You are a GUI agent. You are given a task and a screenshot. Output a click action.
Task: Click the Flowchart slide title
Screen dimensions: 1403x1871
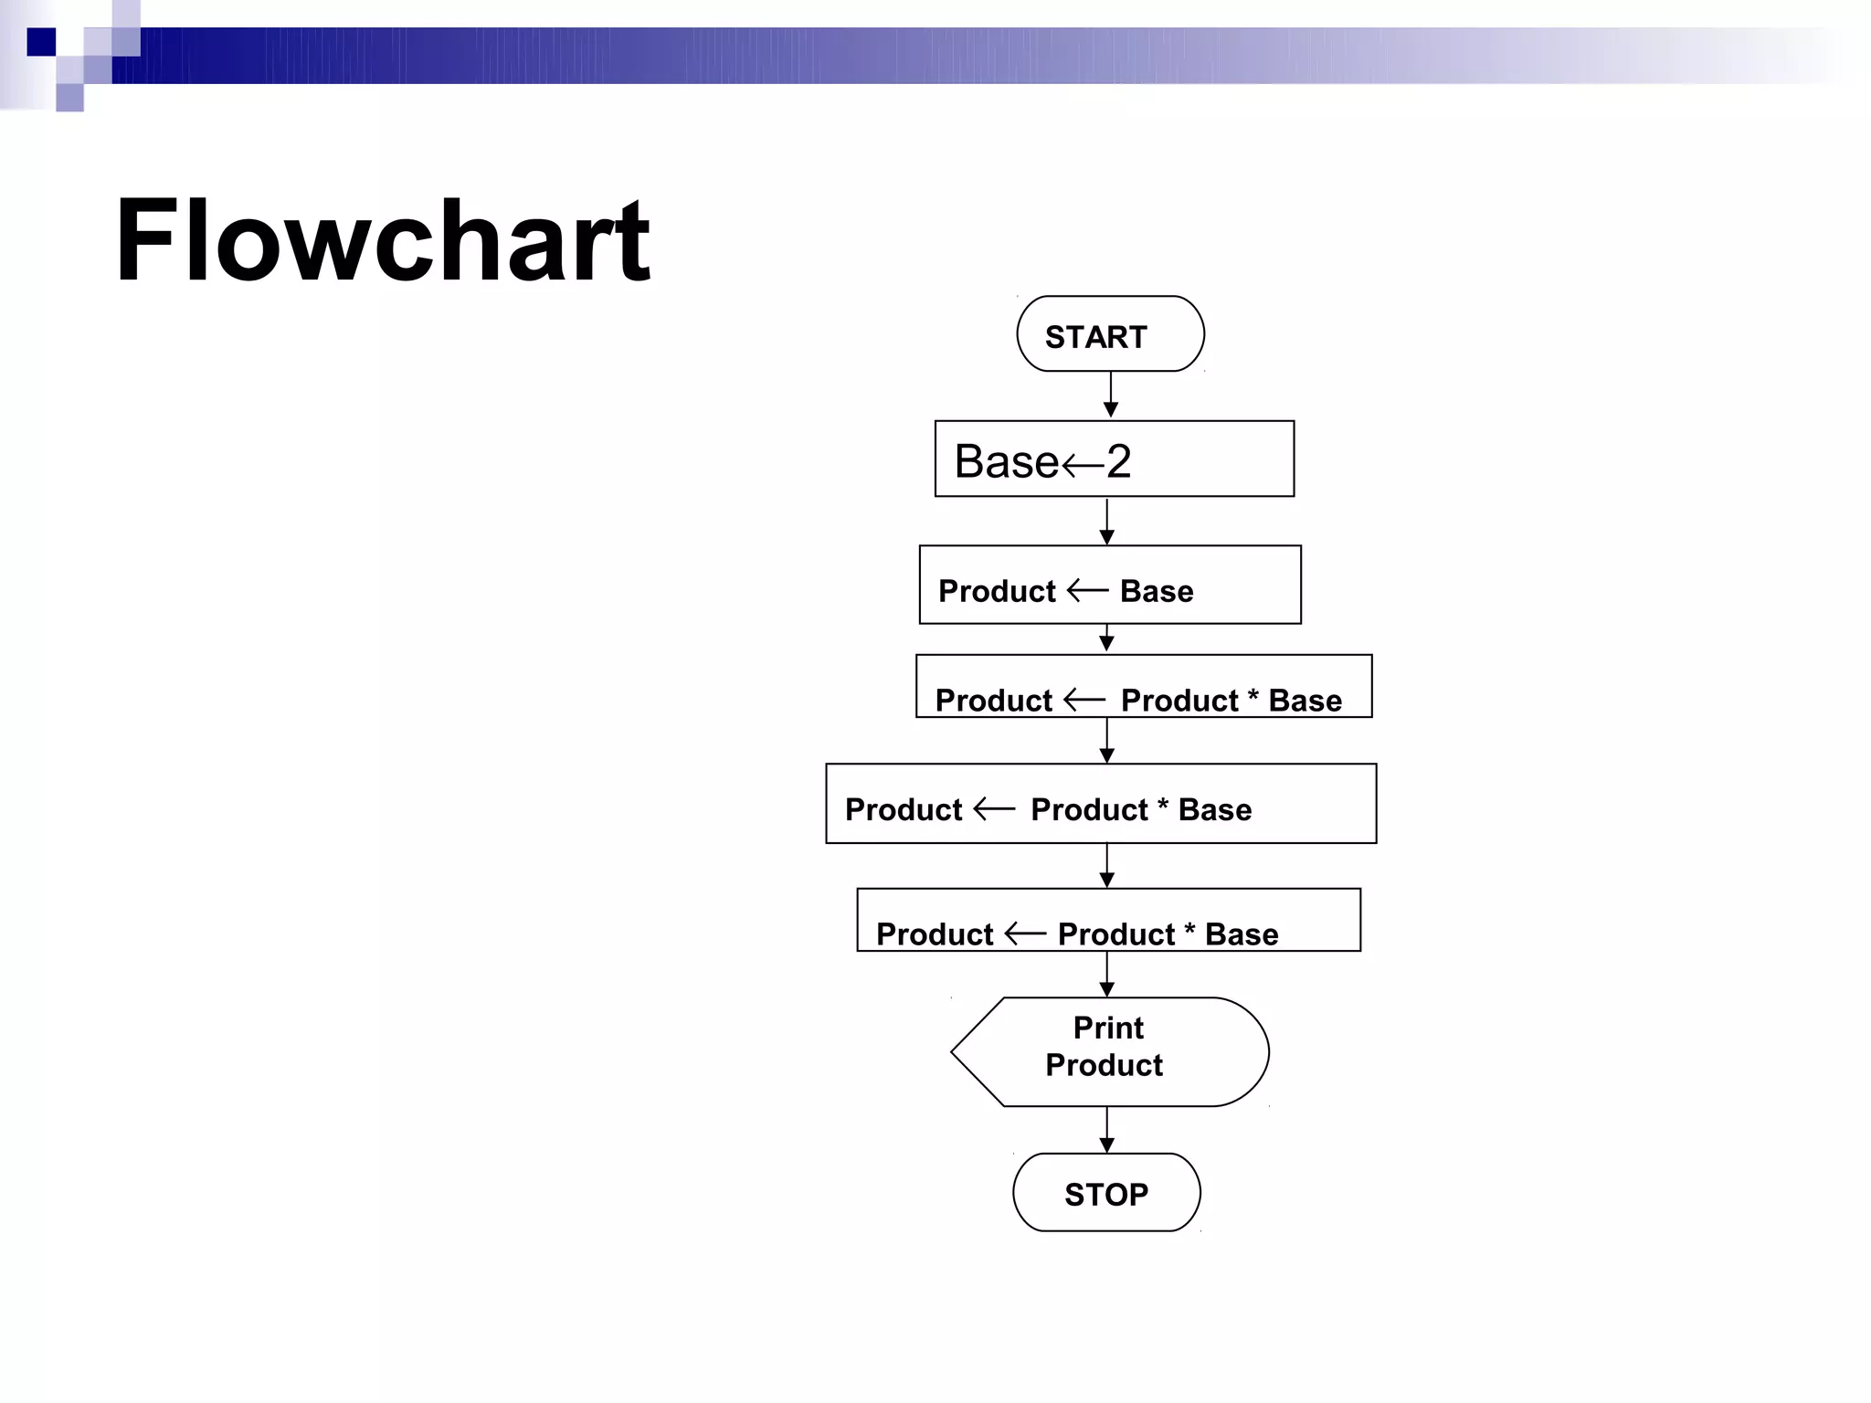382,241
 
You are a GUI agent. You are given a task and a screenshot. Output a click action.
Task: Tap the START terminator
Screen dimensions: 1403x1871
1110,334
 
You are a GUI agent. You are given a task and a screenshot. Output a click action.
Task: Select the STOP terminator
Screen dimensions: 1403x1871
1106,1193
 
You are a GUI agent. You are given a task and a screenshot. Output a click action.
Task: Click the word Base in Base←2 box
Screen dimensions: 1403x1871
1006,461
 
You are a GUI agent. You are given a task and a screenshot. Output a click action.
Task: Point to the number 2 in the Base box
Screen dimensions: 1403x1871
1119,461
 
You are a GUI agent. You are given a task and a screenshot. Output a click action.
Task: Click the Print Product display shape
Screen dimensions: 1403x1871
1110,1051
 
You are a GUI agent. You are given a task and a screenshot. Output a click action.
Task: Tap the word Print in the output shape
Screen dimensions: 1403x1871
1108,1028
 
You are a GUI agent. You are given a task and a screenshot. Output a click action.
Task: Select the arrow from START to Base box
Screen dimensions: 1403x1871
1111,396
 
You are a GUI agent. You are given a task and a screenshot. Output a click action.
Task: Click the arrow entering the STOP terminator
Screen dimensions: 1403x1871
1106,1131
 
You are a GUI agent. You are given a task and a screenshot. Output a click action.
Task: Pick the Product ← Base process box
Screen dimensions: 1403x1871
1110,585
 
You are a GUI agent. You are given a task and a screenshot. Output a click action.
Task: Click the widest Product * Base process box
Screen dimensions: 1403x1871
1101,804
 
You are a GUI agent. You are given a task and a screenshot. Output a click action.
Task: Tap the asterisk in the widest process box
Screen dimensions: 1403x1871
1163,805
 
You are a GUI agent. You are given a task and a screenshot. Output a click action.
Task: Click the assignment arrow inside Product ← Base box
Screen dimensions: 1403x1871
1087,591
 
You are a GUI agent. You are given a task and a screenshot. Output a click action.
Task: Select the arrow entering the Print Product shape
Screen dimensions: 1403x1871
1106,975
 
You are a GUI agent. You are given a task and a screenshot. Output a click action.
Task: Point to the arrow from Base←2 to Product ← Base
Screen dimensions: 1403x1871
1106,522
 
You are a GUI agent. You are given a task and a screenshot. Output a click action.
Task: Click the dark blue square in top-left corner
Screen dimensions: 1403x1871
41,42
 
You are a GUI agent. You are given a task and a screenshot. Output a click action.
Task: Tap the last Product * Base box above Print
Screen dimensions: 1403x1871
1108,921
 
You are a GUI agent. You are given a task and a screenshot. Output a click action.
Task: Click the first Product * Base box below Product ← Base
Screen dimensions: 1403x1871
1144,687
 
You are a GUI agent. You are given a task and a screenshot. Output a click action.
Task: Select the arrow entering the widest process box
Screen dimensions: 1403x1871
1106,741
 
